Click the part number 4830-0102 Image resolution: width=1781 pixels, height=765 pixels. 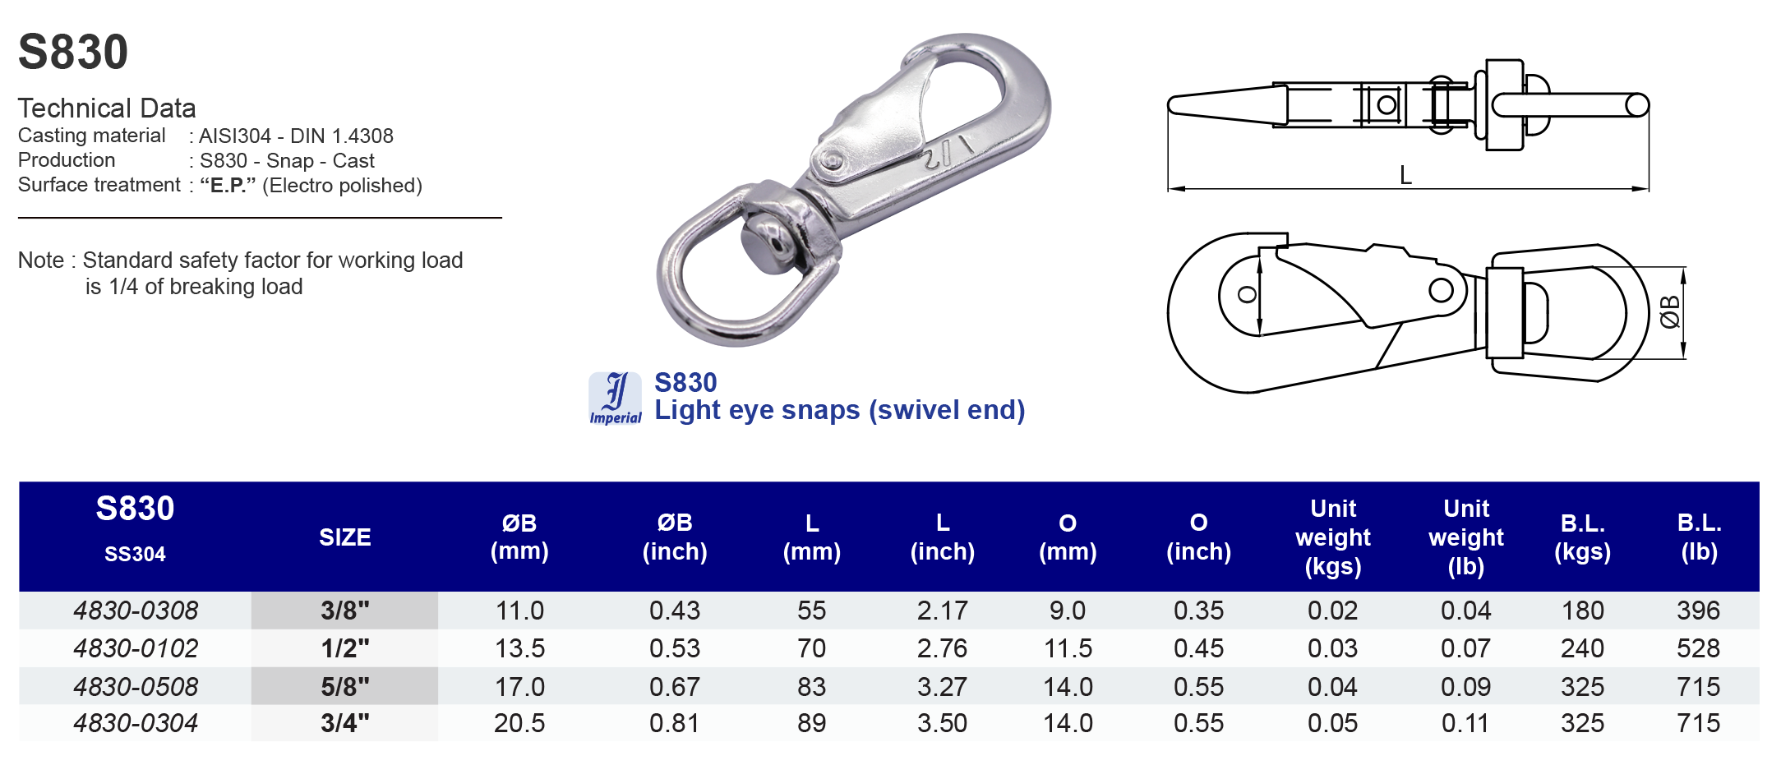(x=136, y=648)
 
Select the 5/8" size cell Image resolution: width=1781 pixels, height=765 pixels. (x=344, y=686)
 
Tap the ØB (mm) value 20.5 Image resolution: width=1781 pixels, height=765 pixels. (x=519, y=723)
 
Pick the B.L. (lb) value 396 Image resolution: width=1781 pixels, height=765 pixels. (x=1698, y=611)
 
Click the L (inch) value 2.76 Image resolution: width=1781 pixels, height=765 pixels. (x=942, y=648)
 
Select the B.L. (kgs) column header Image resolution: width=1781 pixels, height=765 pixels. (x=1582, y=537)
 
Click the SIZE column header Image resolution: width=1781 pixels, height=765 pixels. (x=344, y=537)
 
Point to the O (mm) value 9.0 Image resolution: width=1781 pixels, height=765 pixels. (x=1067, y=611)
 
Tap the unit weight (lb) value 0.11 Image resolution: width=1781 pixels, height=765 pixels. (x=1465, y=723)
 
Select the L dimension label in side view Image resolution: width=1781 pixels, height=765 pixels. (x=1405, y=175)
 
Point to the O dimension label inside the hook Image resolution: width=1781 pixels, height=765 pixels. (x=1247, y=295)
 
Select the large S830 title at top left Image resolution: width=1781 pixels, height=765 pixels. (x=73, y=52)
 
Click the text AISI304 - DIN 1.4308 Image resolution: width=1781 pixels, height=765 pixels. (x=296, y=136)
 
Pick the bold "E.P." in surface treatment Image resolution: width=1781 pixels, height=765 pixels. (x=228, y=186)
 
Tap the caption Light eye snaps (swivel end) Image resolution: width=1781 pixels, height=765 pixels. (x=839, y=410)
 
